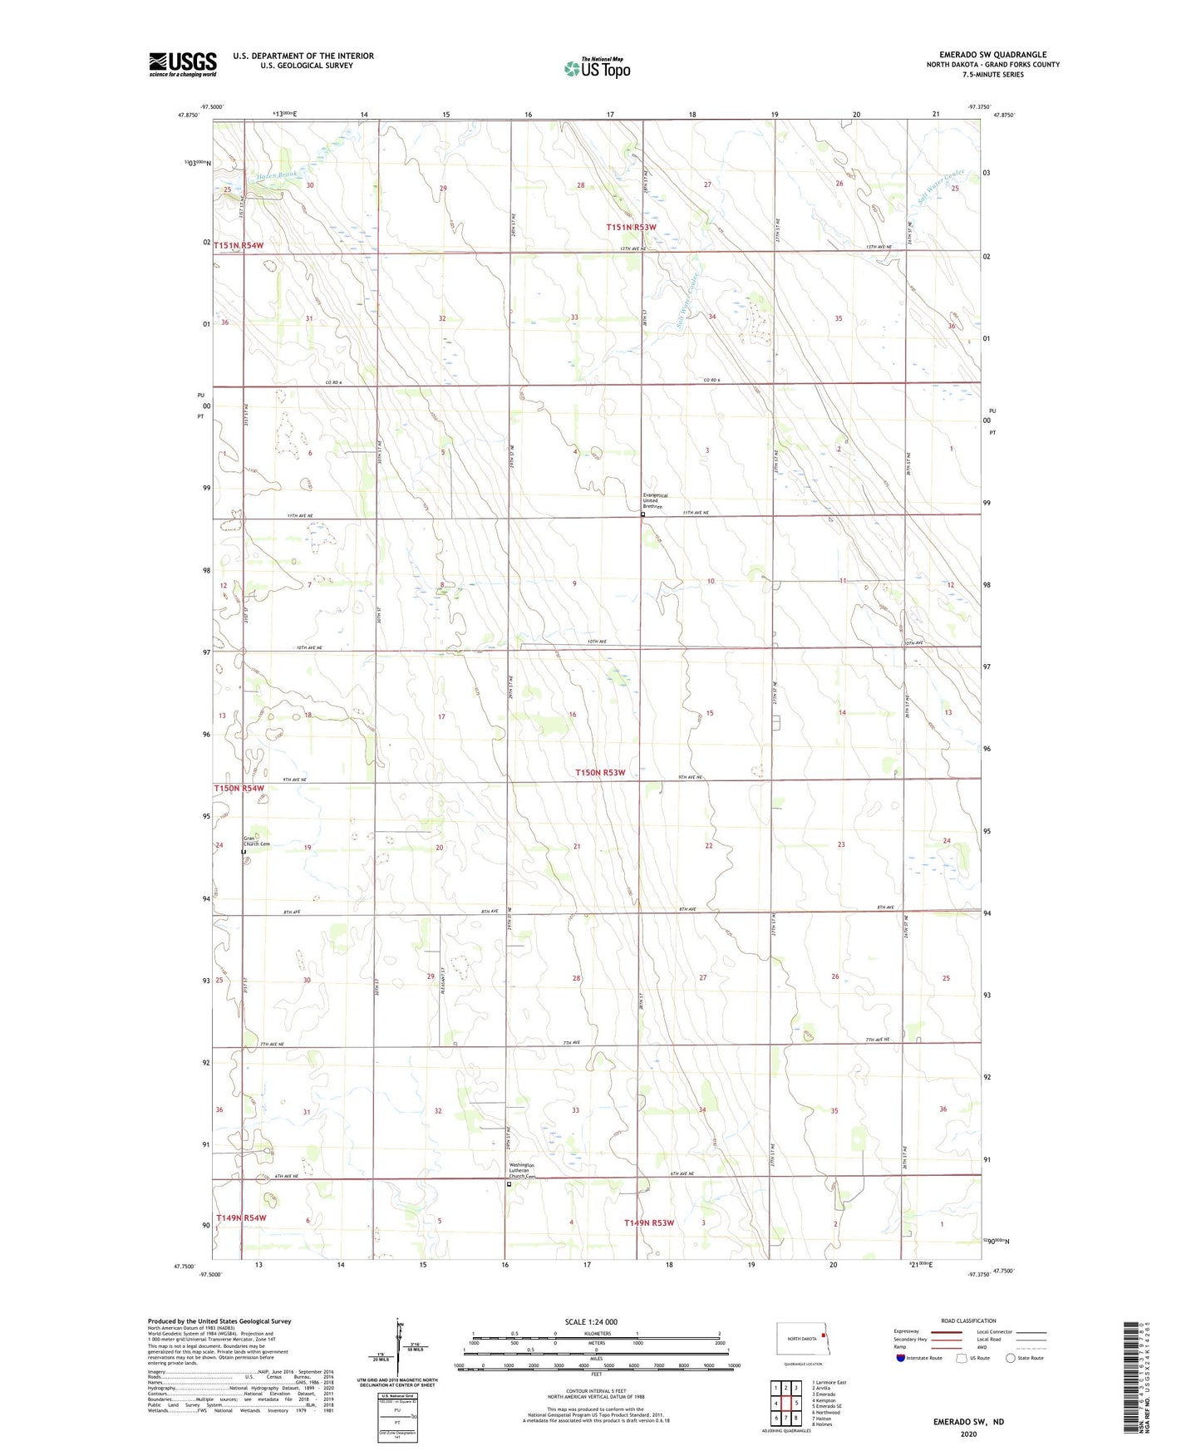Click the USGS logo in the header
[x=182, y=64]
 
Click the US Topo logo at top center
[x=597, y=68]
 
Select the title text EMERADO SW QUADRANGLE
[x=992, y=55]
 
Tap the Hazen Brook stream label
[x=276, y=175]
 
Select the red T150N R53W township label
[x=600, y=773]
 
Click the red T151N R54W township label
[x=239, y=245]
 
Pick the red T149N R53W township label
[x=649, y=1222]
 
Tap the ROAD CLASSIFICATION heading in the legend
[x=968, y=1321]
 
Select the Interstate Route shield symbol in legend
[x=901, y=1358]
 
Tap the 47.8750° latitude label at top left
[x=189, y=116]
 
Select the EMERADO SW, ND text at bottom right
[x=968, y=1422]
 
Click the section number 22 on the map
[x=709, y=846]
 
